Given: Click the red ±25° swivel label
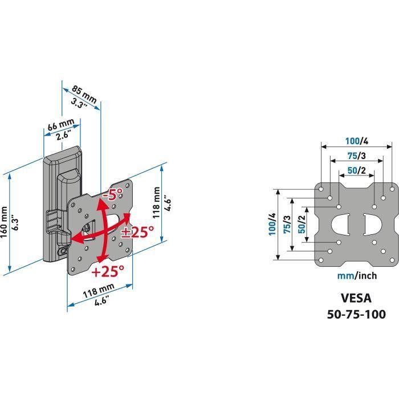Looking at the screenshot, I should pyautogui.click(x=137, y=231).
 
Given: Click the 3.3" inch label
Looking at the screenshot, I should pyautogui.click(x=79, y=103).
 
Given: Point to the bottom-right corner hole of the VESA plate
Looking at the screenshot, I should pyautogui.click(x=392, y=260).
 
